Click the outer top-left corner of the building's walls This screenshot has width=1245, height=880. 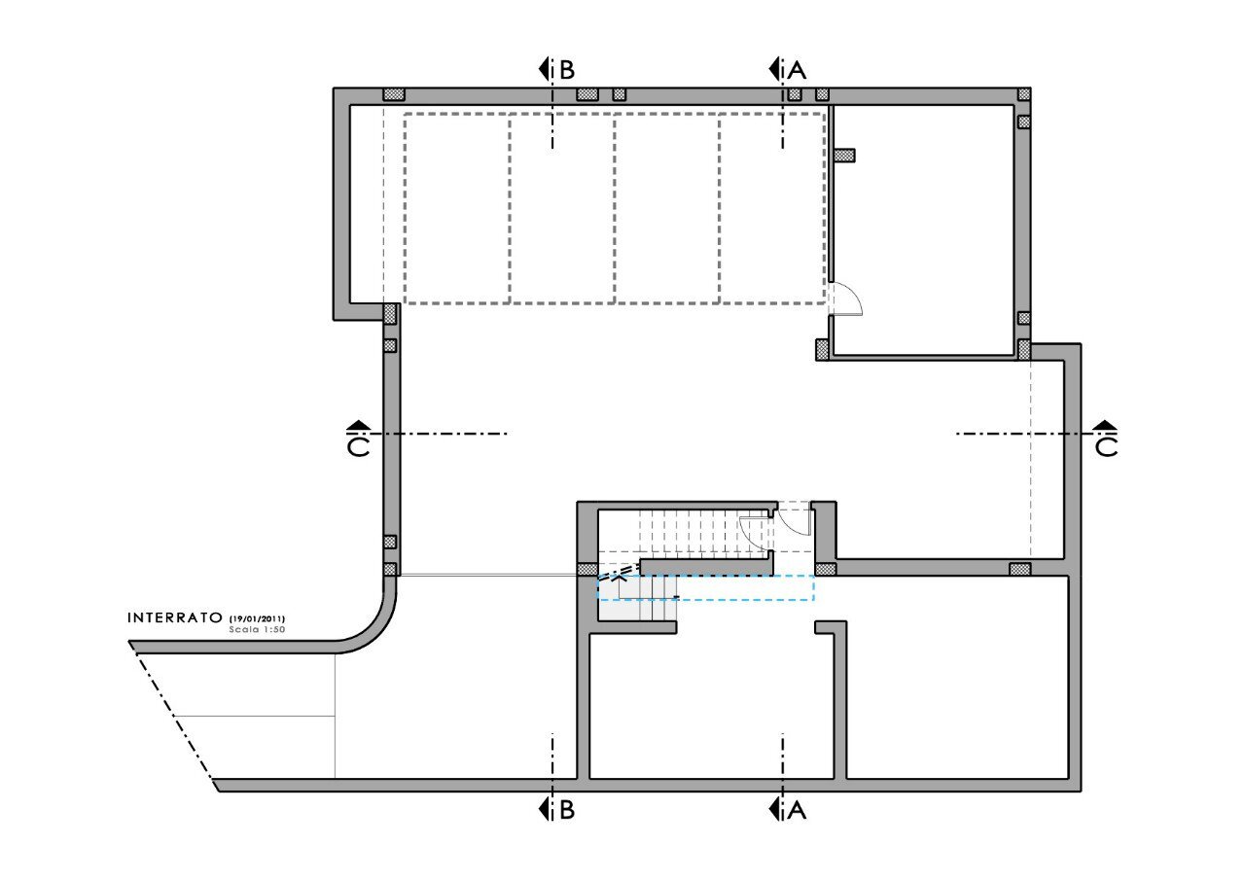(x=334, y=88)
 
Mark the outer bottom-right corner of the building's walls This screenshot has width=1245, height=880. (x=1081, y=792)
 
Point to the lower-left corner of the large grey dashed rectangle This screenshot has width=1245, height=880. (x=405, y=303)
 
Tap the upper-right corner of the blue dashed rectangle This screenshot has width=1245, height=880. (x=814, y=576)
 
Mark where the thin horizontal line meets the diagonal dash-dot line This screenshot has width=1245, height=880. (x=177, y=716)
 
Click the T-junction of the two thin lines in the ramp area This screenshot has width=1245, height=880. (x=336, y=716)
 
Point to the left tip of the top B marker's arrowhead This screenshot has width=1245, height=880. (x=539, y=69)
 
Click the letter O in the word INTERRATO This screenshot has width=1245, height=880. (x=216, y=617)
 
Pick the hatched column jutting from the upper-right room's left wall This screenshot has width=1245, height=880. (x=845, y=155)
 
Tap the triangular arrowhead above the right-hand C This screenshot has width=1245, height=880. (x=1106, y=425)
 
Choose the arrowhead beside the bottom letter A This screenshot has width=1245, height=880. (x=773, y=810)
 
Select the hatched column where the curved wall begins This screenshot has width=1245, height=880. (x=390, y=570)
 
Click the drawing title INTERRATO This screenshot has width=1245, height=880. (x=175, y=617)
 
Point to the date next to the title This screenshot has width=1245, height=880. (x=257, y=618)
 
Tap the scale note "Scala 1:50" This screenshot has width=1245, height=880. (x=257, y=629)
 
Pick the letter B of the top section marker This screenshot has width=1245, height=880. (x=567, y=70)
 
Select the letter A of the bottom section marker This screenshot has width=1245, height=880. (x=797, y=811)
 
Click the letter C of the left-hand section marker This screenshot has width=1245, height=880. (x=359, y=447)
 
